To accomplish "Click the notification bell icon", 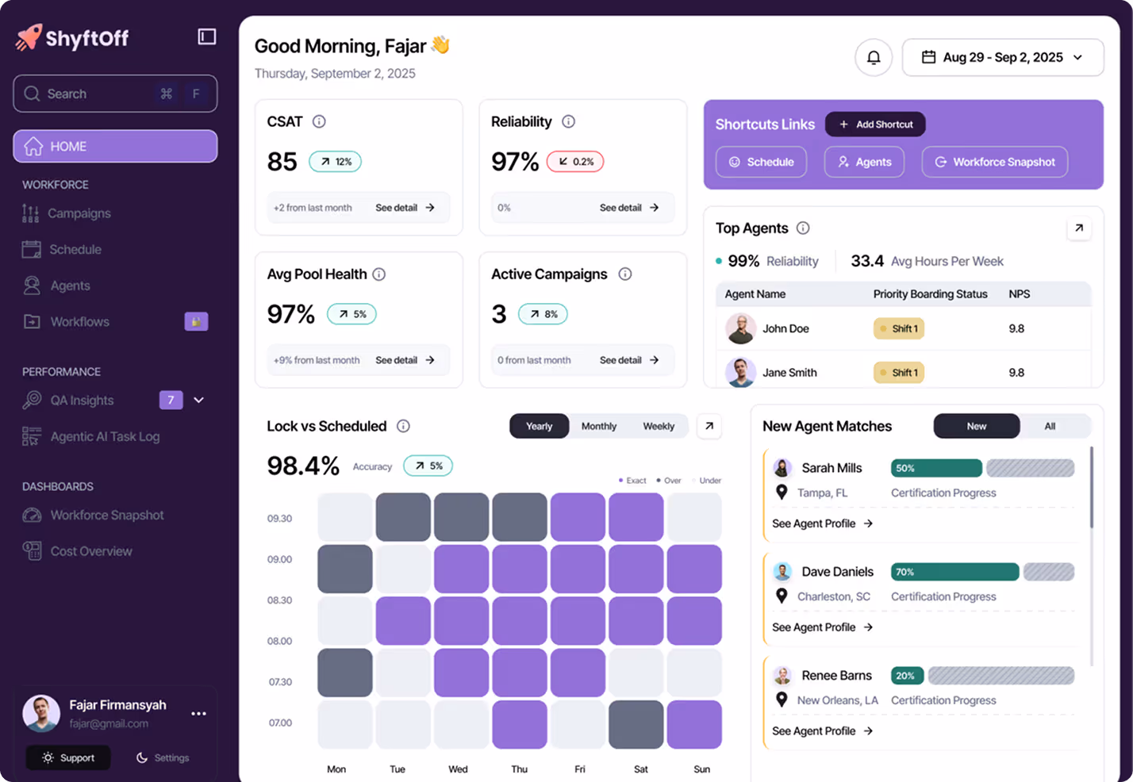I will [x=873, y=58].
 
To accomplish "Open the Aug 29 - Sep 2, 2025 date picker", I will [x=1003, y=58].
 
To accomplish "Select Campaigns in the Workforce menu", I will [x=79, y=213].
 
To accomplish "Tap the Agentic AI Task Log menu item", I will [x=105, y=437].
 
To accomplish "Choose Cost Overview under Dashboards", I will [x=91, y=551].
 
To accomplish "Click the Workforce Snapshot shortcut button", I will [x=994, y=162].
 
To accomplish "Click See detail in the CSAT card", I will [x=405, y=208].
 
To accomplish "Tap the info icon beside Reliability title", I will [x=568, y=121].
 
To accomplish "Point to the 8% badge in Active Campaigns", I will [x=543, y=314].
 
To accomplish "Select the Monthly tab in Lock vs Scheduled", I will [x=598, y=426].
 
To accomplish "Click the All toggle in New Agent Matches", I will [x=1050, y=426].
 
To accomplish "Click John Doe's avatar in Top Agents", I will [x=740, y=328].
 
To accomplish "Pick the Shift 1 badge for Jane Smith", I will [x=899, y=373].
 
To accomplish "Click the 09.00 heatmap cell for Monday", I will [x=345, y=569].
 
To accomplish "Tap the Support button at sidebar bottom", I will [x=68, y=758].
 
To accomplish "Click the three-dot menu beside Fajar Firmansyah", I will [x=198, y=714].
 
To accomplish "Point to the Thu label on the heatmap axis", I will [x=519, y=769].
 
